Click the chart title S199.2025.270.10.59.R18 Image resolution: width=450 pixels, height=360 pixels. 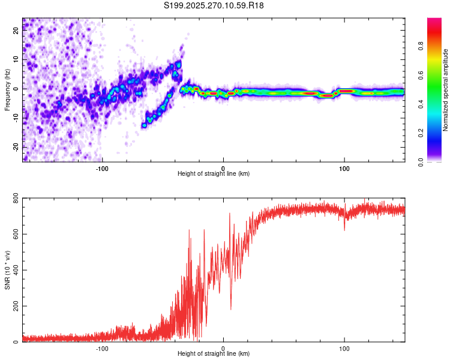click(214, 5)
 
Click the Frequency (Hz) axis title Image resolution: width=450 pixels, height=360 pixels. click(7, 89)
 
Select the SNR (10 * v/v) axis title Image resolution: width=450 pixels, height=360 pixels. click(7, 270)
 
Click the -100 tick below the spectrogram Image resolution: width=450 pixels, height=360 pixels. click(102, 167)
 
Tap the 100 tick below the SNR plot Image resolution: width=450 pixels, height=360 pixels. click(344, 348)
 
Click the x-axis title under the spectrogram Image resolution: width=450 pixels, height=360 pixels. click(214, 174)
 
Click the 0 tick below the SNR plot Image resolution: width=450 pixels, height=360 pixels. click(223, 348)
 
